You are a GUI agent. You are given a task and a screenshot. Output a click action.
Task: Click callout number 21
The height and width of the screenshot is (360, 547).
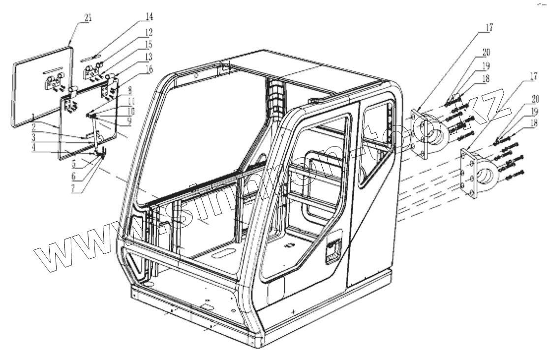coord(88,18)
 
